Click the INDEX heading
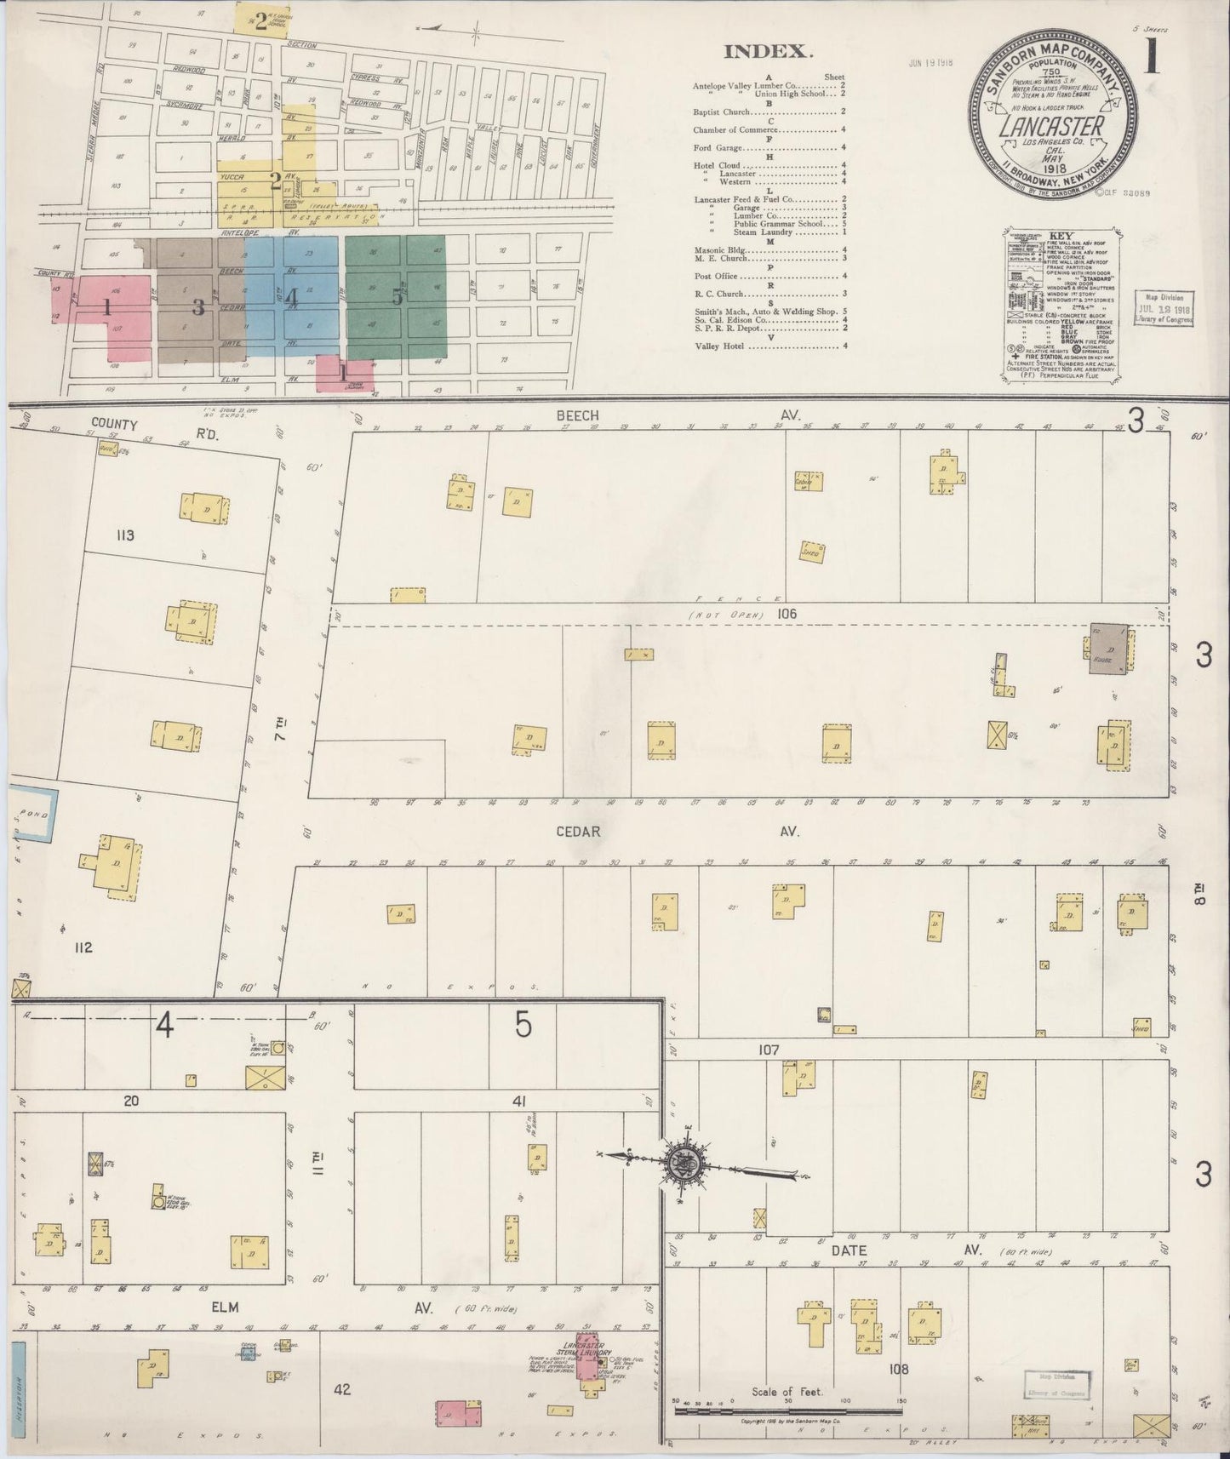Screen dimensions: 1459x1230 [766, 51]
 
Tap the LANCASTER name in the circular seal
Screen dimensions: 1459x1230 [1052, 127]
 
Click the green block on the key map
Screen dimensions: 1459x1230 [396, 295]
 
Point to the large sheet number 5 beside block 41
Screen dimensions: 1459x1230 [523, 1027]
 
